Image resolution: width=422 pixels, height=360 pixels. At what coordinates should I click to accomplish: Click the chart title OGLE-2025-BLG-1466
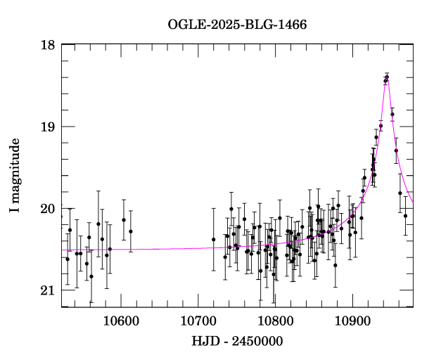click(x=237, y=25)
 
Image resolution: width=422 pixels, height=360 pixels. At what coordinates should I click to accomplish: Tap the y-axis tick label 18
click(x=47, y=45)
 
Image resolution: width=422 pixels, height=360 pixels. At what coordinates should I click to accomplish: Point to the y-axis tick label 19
click(x=47, y=127)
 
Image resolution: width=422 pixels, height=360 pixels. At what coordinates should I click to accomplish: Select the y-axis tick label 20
click(x=47, y=209)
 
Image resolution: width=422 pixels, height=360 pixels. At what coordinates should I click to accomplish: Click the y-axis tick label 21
click(x=47, y=290)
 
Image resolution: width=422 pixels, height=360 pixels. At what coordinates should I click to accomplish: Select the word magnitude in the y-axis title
click(x=15, y=167)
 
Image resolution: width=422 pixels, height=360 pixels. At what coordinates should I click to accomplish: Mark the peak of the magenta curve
click(x=387, y=75)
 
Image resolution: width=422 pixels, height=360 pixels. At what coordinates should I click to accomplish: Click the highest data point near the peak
click(x=387, y=77)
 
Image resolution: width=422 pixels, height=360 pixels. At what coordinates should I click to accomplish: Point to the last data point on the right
click(x=405, y=216)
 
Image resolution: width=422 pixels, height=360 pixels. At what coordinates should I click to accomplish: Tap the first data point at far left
click(x=68, y=259)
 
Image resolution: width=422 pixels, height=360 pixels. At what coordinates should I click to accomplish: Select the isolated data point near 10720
click(x=213, y=240)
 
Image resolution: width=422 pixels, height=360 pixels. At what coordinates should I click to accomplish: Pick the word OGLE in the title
click(x=184, y=25)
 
